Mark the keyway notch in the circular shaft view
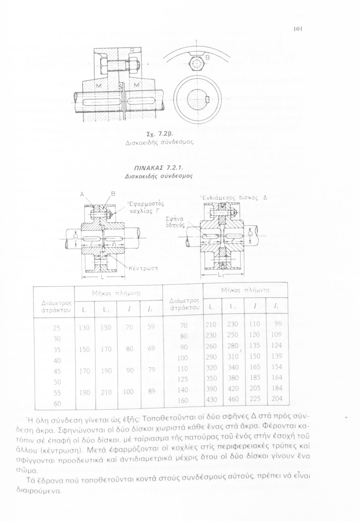(x=207, y=100)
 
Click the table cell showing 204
(x=277, y=398)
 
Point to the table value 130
(x=84, y=327)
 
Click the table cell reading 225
(x=255, y=399)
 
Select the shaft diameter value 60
(x=57, y=404)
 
